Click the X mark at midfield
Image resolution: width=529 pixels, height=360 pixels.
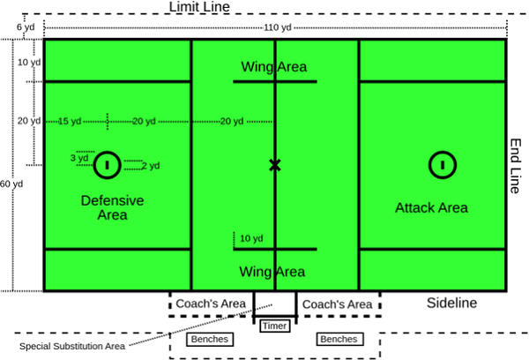(275, 165)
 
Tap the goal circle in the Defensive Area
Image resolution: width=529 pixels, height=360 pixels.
(107, 164)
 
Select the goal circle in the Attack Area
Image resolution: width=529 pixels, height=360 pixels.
(442, 164)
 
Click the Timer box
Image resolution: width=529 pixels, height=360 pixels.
(274, 326)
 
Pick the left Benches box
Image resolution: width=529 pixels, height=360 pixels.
(209, 339)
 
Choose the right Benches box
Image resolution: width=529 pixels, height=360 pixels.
(339, 339)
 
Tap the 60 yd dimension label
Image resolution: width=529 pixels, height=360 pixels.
(11, 184)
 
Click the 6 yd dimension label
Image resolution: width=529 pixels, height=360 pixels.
(26, 28)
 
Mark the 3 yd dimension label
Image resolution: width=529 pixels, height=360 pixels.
(79, 159)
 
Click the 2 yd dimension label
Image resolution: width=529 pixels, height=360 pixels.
(150, 165)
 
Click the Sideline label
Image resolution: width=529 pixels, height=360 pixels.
(451, 303)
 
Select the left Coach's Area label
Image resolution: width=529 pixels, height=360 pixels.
(210, 304)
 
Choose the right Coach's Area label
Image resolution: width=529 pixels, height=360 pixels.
(337, 304)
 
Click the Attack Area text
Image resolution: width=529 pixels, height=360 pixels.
(431, 208)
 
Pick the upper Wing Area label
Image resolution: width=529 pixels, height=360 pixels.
(273, 67)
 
